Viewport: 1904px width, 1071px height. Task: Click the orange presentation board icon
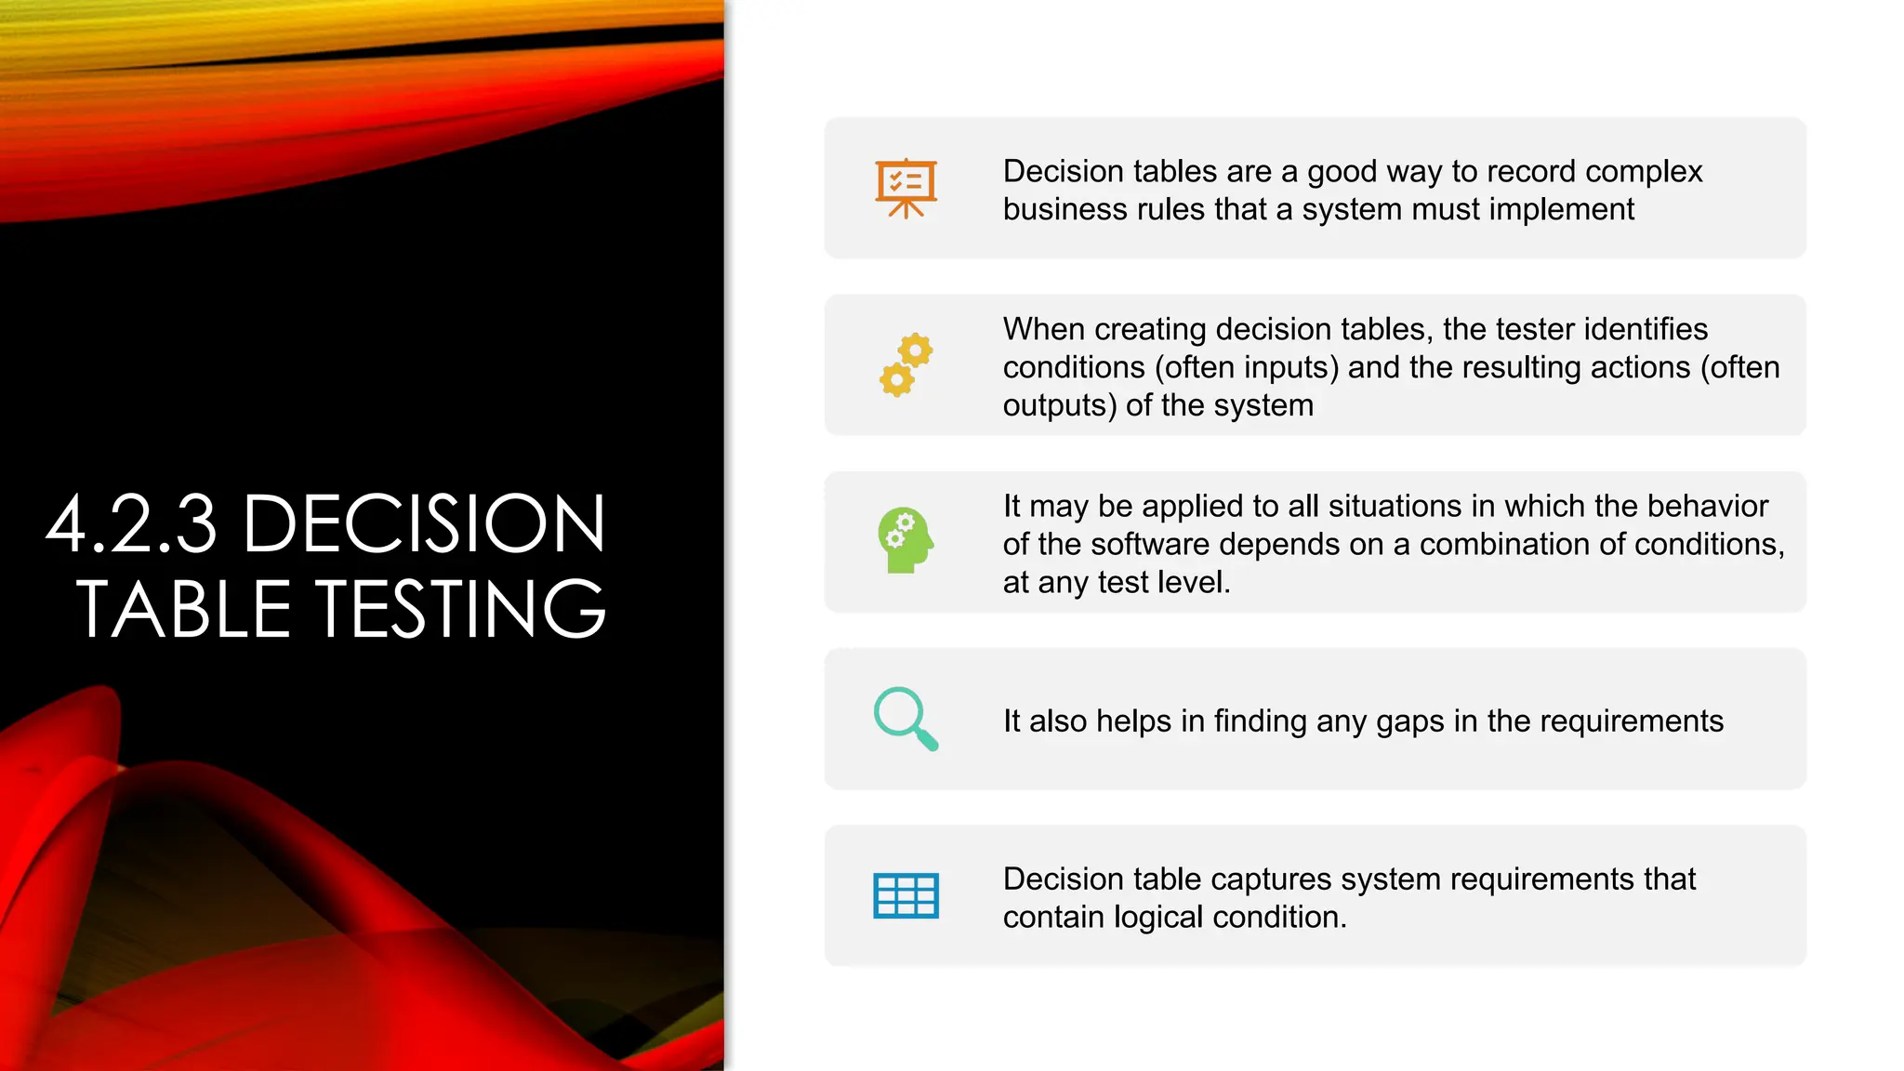click(x=906, y=189)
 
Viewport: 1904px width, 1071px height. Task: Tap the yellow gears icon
click(x=906, y=365)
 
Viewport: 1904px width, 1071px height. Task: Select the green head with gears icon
click(x=906, y=540)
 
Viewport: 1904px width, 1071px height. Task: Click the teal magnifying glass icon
click(x=906, y=719)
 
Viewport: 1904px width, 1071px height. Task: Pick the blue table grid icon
click(x=906, y=896)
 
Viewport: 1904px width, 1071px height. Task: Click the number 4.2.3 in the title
click(x=132, y=524)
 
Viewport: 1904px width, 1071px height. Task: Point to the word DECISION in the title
click(x=424, y=524)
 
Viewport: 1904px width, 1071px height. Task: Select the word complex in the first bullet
click(x=1644, y=172)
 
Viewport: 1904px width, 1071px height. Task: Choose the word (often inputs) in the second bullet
click(x=1247, y=367)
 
